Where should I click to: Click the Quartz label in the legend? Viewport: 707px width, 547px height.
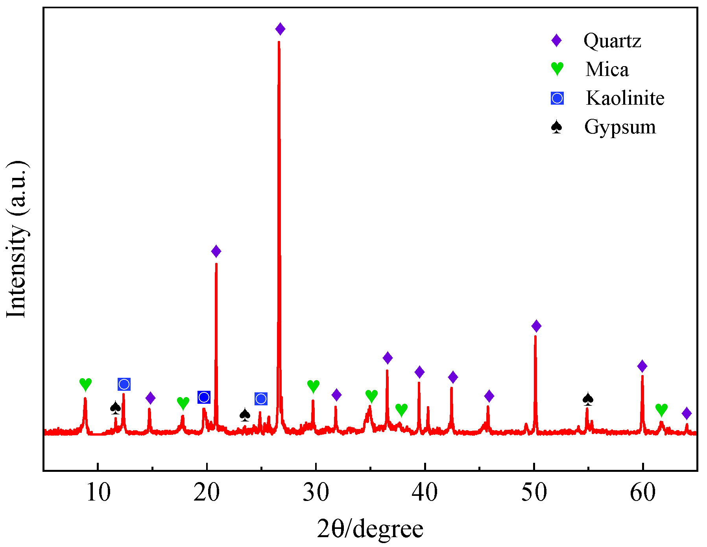pyautogui.click(x=612, y=41)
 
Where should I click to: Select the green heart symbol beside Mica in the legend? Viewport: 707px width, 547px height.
pyautogui.click(x=557, y=69)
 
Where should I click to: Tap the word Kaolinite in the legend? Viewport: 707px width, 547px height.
pyautogui.click(x=625, y=98)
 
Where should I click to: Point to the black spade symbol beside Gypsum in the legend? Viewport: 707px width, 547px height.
pyautogui.click(x=557, y=127)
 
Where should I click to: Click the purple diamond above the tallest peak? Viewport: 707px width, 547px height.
pyautogui.click(x=280, y=29)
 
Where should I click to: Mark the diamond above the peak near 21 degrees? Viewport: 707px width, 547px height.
pyautogui.click(x=216, y=251)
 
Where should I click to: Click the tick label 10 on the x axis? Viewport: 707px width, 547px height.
pyautogui.click(x=98, y=492)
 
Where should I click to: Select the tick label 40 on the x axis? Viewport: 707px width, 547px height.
pyautogui.click(x=425, y=492)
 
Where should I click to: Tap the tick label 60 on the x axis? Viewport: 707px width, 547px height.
pyautogui.click(x=642, y=492)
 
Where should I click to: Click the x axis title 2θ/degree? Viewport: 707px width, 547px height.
pyautogui.click(x=370, y=529)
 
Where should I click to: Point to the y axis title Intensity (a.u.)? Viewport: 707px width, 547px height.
pyautogui.click(x=17, y=239)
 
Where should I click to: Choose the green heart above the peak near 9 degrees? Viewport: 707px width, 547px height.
pyautogui.click(x=85, y=384)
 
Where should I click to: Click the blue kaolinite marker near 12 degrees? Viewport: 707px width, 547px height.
pyautogui.click(x=124, y=384)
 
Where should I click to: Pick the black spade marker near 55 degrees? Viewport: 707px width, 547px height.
pyautogui.click(x=588, y=399)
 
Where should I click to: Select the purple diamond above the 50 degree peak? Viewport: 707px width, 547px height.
pyautogui.click(x=536, y=326)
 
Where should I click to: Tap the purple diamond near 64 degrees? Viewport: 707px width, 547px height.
pyautogui.click(x=687, y=414)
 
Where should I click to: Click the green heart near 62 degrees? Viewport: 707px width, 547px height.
pyautogui.click(x=661, y=410)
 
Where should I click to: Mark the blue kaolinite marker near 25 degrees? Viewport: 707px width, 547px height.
pyautogui.click(x=261, y=399)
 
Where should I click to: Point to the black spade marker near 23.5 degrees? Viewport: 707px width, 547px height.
pyautogui.click(x=245, y=414)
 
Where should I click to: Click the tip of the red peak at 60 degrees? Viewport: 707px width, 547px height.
pyautogui.click(x=642, y=376)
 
